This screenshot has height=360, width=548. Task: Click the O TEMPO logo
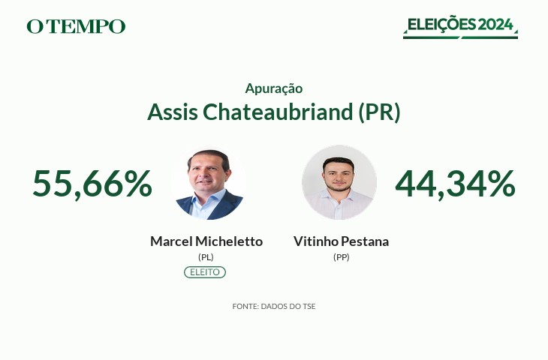pos(76,26)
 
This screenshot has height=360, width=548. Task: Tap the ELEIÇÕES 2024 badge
pos(460,26)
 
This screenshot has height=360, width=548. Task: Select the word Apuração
pos(274,88)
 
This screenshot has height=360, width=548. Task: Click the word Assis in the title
pos(173,112)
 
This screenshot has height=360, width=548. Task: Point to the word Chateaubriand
pos(278,112)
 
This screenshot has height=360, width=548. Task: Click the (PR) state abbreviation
pos(379,112)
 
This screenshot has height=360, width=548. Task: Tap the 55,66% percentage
pos(92,184)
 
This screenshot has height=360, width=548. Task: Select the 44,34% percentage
pos(455,184)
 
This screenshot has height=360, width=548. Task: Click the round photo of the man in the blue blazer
pos(209,182)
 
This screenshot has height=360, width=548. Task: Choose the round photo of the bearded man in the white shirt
pos(339,182)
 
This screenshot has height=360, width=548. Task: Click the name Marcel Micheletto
pos(206,241)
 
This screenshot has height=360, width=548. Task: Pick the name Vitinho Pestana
pos(341,241)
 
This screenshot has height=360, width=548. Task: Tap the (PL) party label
pos(206,257)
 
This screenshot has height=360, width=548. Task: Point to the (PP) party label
pos(342,257)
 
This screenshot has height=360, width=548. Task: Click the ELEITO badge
pos(205,272)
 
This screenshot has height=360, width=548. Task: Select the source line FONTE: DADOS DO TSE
pos(274,306)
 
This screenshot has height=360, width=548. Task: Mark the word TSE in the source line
pos(309,306)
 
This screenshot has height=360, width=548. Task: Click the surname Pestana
pos(365,241)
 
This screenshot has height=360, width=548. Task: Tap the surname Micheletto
pos(229,241)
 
